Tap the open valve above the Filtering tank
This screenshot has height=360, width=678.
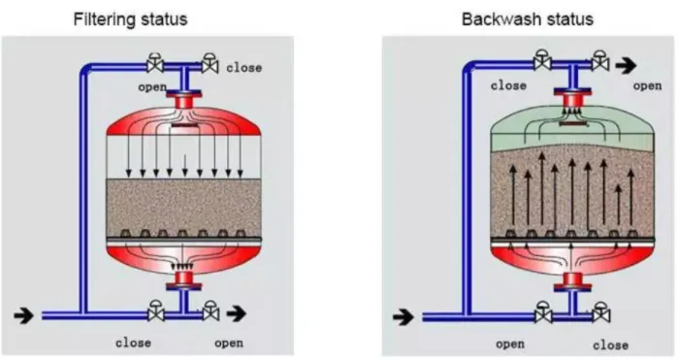154,65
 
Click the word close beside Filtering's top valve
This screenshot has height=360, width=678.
244,69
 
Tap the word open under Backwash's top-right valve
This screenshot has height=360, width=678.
647,86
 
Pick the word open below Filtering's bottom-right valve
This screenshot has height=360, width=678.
229,342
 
